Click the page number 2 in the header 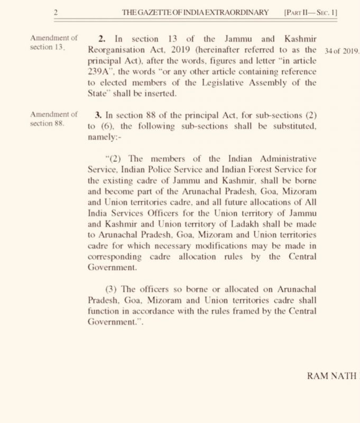click(55, 12)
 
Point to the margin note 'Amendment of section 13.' click(54, 43)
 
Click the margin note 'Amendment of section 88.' click(54, 119)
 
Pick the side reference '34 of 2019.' click(344, 51)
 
